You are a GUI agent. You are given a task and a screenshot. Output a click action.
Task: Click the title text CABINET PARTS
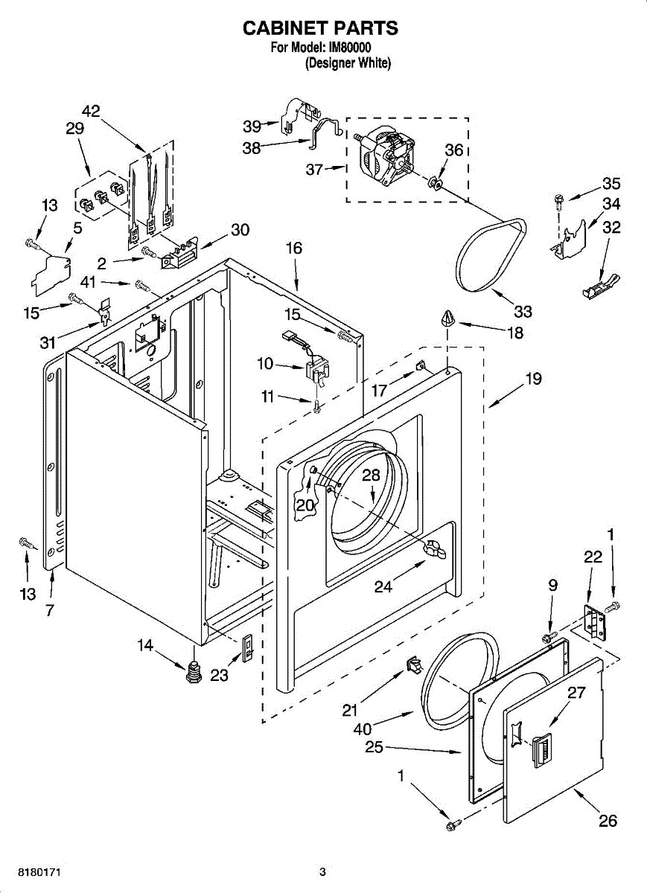[321, 28]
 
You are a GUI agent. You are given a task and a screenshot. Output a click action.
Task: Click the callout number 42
[91, 112]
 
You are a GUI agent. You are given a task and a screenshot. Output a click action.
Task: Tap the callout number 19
[533, 379]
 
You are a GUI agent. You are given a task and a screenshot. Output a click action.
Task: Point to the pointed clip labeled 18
[447, 320]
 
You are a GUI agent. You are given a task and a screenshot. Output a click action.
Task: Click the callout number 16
[295, 249]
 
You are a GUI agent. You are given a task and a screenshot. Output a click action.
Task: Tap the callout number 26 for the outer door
[608, 821]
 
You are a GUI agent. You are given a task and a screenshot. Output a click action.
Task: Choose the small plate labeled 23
[248, 648]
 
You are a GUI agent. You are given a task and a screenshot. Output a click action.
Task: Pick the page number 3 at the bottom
[322, 871]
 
